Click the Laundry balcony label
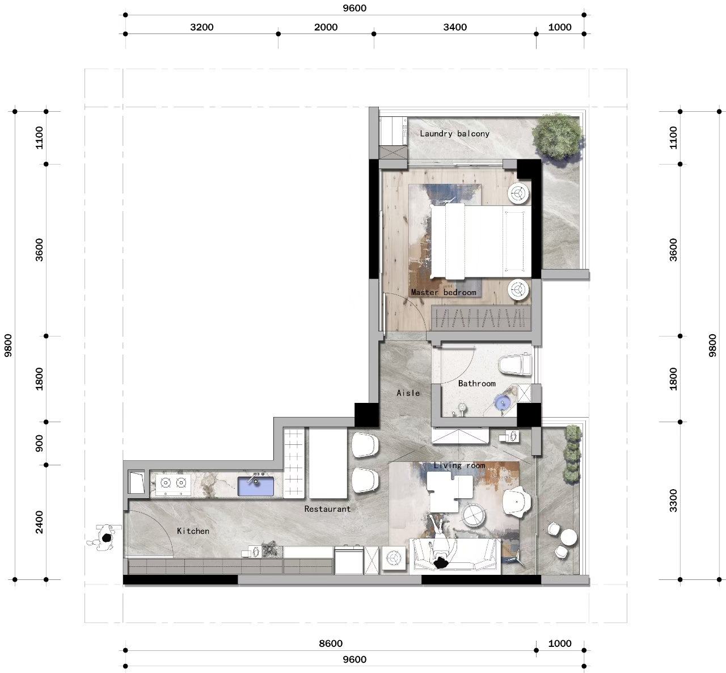point(454,134)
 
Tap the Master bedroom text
point(444,293)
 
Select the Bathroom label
point(476,384)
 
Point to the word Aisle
point(408,393)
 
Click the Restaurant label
point(327,509)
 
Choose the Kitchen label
point(193,531)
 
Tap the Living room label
point(459,465)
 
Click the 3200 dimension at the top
point(201,27)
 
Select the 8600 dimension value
point(331,643)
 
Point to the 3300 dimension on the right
point(673,500)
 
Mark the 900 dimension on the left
point(39,443)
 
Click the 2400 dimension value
point(39,522)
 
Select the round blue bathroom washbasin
point(503,402)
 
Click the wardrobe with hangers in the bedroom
point(481,318)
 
